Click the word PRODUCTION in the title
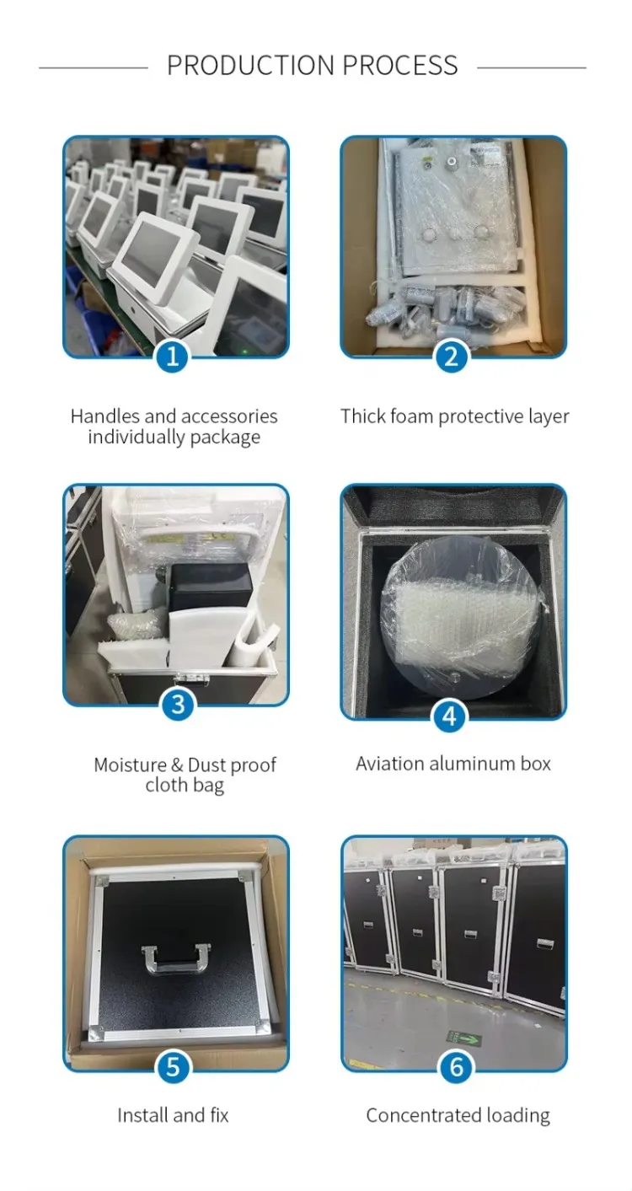251,66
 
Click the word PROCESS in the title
400,66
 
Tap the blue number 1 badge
172,356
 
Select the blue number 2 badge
451,356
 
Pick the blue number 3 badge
178,704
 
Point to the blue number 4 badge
449,716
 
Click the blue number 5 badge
173,1066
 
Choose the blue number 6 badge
456,1066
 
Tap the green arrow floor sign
463,1038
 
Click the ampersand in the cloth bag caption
177,764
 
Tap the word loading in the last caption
518,1116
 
